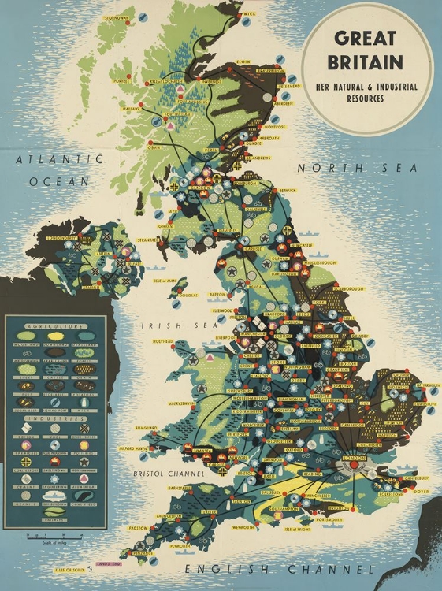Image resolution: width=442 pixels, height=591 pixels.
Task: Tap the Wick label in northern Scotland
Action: (x=251, y=13)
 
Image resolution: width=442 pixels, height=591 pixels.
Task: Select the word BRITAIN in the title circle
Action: (x=368, y=62)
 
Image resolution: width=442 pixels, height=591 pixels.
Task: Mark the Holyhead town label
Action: (x=162, y=341)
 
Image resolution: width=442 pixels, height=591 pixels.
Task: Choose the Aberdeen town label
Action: (x=285, y=103)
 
